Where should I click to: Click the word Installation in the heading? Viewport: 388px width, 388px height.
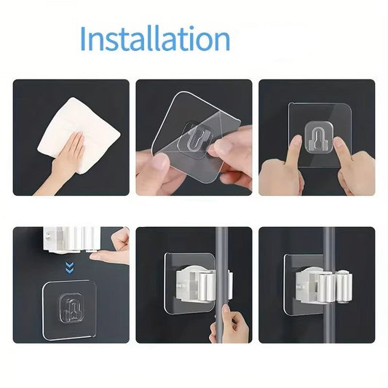(155, 39)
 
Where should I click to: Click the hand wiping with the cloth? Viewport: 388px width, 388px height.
(63, 161)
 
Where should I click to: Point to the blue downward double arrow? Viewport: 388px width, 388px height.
(70, 268)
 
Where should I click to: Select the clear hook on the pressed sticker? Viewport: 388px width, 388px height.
(318, 138)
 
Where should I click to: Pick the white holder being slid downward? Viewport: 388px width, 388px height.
(72, 239)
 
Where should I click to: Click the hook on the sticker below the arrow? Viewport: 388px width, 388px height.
(71, 309)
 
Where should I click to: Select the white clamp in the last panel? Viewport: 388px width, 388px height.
(324, 286)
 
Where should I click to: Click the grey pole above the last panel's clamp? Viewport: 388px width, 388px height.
(329, 248)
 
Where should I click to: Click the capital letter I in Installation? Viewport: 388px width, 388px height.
(83, 39)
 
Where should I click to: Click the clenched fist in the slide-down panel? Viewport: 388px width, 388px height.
(121, 238)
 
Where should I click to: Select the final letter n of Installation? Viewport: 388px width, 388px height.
(221, 41)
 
